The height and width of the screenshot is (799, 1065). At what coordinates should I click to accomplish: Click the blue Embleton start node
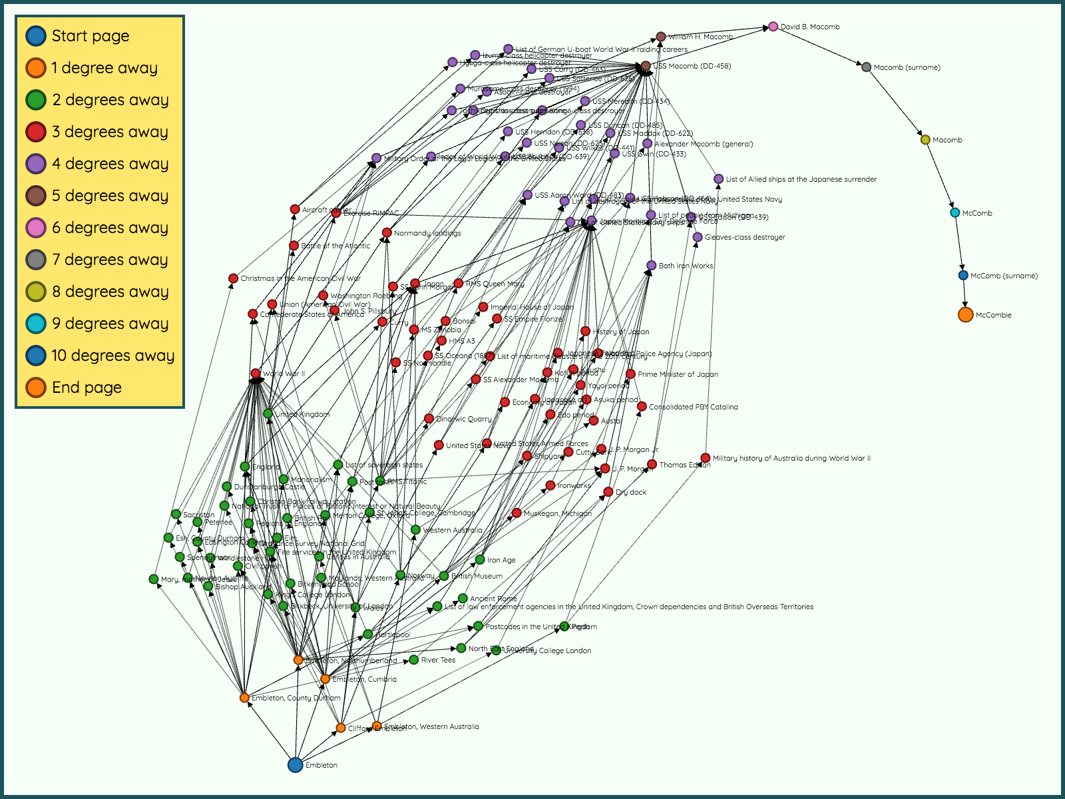[296, 765]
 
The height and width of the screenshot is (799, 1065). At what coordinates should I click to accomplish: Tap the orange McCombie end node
[966, 315]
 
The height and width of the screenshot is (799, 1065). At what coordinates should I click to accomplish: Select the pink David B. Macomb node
[773, 27]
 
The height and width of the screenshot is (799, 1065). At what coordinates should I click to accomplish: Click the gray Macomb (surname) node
[867, 67]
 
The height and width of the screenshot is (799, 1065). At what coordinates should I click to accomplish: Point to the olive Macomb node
[925, 140]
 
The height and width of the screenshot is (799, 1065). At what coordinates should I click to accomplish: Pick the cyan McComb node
[955, 213]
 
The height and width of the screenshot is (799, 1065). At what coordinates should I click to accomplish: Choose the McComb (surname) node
[963, 276]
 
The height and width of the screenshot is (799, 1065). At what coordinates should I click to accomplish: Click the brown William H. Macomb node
[661, 37]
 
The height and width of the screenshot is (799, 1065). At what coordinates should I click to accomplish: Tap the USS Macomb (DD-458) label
[692, 66]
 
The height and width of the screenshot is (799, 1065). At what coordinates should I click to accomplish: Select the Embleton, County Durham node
[244, 698]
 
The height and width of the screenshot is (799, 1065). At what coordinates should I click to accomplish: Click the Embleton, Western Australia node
[377, 726]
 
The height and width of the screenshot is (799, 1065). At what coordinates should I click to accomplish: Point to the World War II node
[256, 374]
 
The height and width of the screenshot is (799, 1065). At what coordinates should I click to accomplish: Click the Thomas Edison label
[685, 465]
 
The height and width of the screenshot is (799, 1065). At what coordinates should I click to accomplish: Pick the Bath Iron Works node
[652, 266]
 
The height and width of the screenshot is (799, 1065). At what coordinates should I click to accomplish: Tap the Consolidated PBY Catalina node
[642, 407]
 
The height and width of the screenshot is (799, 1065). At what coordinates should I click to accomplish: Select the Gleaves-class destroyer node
[698, 237]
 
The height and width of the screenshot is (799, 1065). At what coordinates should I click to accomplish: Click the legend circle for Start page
[36, 36]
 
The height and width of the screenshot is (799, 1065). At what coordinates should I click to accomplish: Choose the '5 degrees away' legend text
[110, 196]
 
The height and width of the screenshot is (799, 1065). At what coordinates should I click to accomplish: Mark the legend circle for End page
[36, 388]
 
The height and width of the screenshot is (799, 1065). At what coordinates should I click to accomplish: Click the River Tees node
[414, 660]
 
